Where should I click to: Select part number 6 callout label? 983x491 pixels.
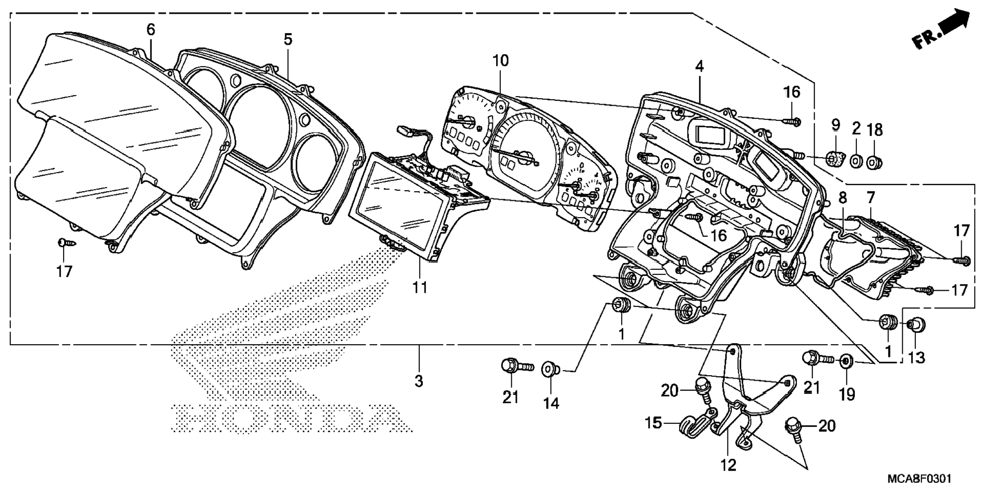[150, 29]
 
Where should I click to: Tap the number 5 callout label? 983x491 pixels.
[288, 39]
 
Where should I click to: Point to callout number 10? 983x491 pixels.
[500, 60]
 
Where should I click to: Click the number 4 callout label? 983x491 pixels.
[700, 66]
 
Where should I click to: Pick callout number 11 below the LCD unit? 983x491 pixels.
[419, 287]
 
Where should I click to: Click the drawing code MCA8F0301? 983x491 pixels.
[919, 479]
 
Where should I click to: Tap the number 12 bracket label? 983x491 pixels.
[728, 465]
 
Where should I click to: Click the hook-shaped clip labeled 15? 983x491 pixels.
[695, 424]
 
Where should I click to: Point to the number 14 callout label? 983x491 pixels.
[551, 403]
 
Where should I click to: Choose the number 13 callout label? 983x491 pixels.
[916, 358]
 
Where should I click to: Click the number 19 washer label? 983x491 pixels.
[847, 394]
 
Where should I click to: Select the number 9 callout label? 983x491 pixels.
[836, 125]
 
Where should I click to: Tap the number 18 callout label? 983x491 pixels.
[874, 130]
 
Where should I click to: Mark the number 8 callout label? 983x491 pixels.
[843, 198]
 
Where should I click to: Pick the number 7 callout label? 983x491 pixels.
[871, 197]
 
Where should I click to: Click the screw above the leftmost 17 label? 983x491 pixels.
[66, 242]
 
